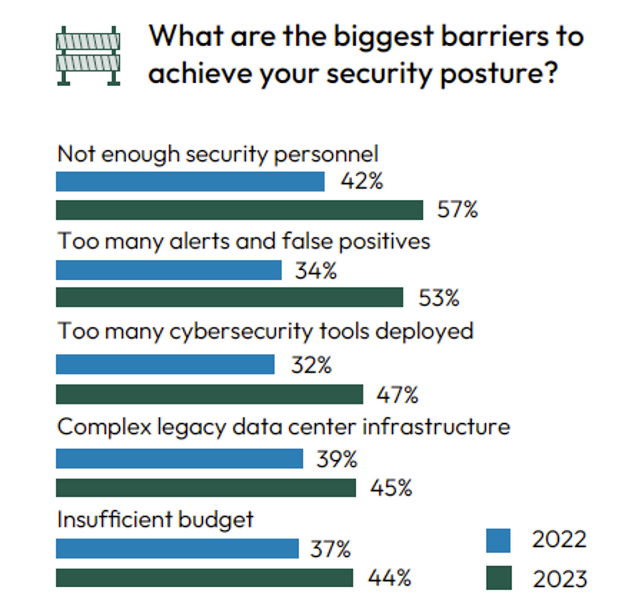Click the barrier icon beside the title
click(x=88, y=56)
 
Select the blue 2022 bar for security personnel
click(x=190, y=182)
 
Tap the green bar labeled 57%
click(x=239, y=210)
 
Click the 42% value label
click(x=362, y=181)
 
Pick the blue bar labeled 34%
click(x=169, y=270)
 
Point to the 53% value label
click(x=439, y=298)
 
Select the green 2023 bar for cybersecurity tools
click(x=209, y=394)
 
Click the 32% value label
click(x=311, y=365)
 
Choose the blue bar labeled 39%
click(x=179, y=458)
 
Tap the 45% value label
click(x=391, y=488)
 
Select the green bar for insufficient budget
click(x=204, y=578)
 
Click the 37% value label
click(x=330, y=549)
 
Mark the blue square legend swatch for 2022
click(x=498, y=541)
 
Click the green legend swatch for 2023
click(x=498, y=578)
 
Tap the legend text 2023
click(x=560, y=579)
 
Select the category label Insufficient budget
click(x=155, y=519)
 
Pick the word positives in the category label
click(x=384, y=242)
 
